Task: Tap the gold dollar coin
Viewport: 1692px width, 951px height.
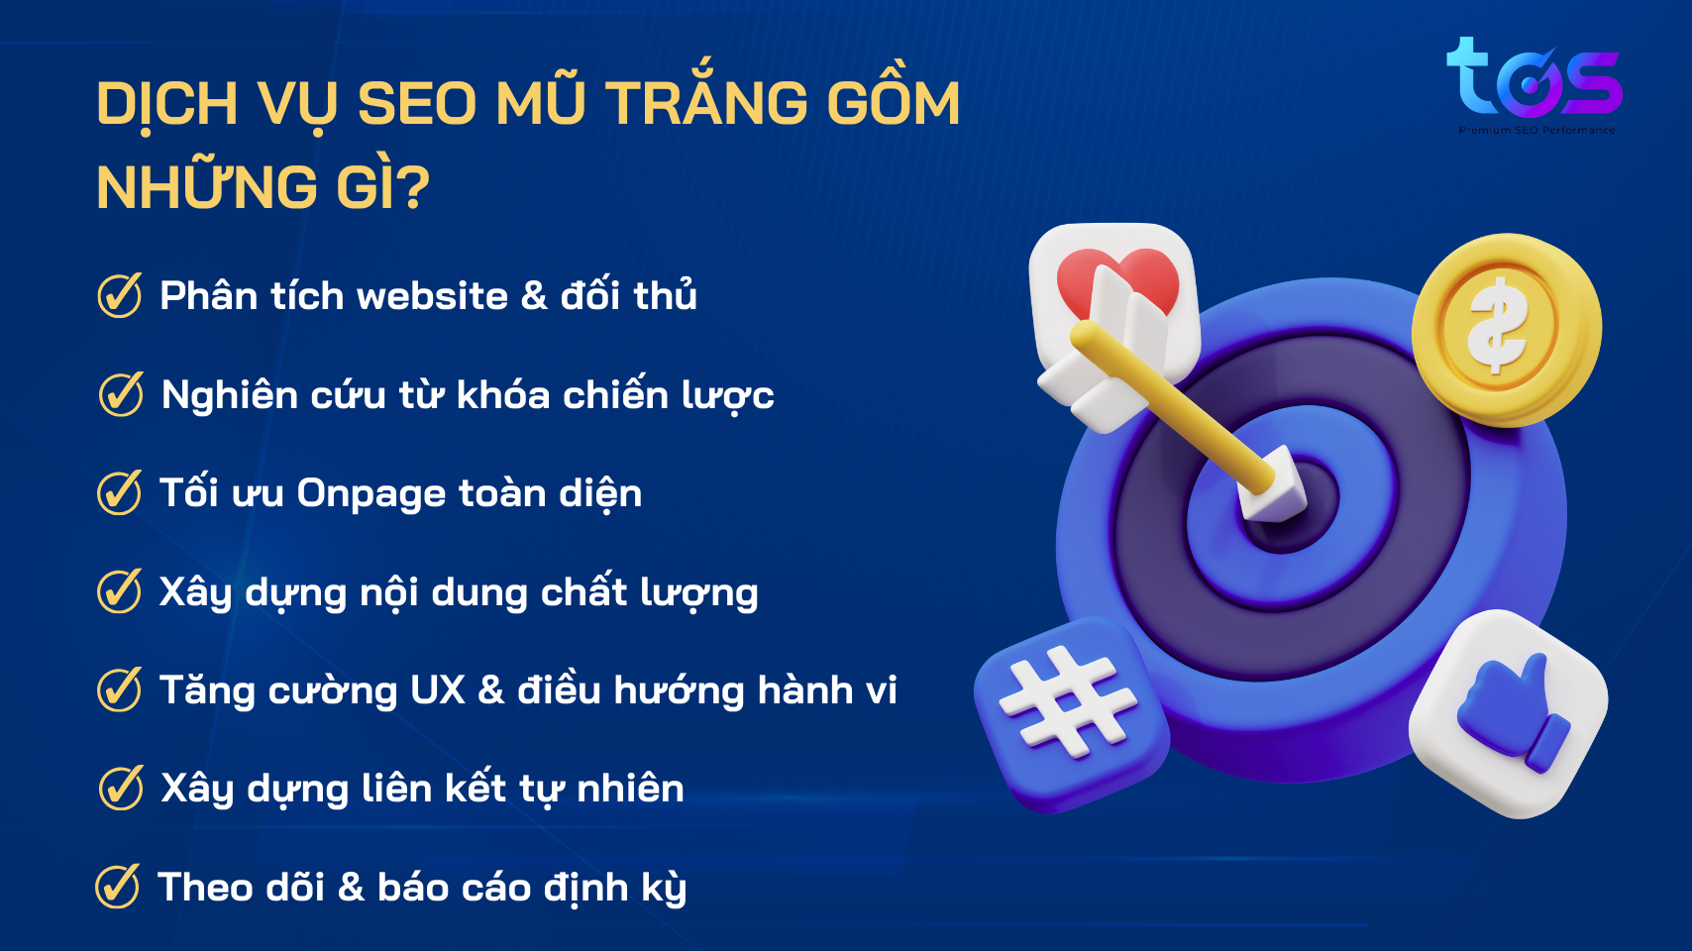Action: click(1506, 330)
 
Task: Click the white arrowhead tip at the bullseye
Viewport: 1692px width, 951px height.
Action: click(1272, 485)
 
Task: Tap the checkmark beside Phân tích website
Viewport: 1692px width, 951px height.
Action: click(119, 294)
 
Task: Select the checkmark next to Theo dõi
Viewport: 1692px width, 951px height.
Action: click(118, 886)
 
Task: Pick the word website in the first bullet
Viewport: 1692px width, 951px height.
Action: click(432, 295)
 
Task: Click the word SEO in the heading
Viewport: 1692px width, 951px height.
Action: click(418, 103)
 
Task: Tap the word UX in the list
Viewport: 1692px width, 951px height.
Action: click(438, 690)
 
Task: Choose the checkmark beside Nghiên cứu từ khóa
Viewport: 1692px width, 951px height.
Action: click(121, 393)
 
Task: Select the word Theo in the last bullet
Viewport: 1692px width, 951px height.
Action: click(202, 887)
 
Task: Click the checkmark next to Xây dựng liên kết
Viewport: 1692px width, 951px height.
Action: click(121, 788)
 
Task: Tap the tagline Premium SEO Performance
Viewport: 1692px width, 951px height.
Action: click(1537, 130)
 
